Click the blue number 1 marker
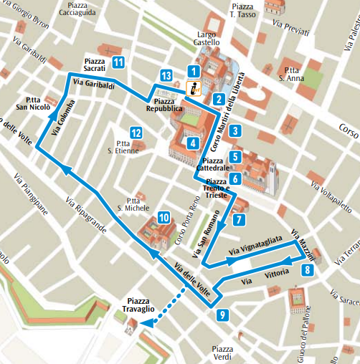[192, 71]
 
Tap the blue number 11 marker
[118, 62]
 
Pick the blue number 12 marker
[135, 132]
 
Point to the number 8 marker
[307, 270]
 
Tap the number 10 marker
[164, 218]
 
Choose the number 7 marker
[239, 220]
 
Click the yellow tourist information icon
[192, 89]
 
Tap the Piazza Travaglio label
[141, 305]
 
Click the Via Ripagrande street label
[86, 215]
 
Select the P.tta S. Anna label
[290, 75]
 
